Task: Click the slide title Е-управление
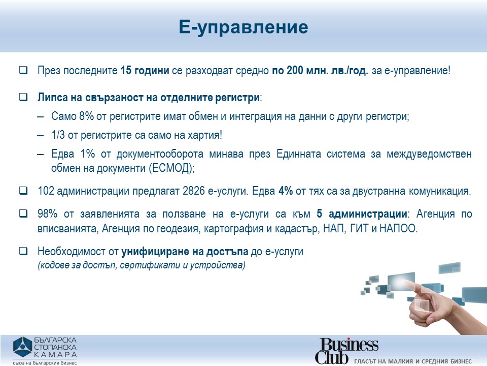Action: (x=243, y=27)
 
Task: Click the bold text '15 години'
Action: (x=145, y=71)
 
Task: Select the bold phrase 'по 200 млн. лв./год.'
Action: (x=320, y=71)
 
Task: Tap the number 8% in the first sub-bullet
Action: (x=86, y=116)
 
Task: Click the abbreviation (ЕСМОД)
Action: (x=171, y=168)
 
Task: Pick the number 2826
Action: (x=193, y=191)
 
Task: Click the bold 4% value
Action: (x=286, y=191)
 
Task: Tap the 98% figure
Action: (x=48, y=214)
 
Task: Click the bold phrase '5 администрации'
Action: (x=362, y=214)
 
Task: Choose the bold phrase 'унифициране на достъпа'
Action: (x=185, y=252)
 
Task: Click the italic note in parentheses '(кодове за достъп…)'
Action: (x=142, y=265)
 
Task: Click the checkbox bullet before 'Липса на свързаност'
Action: (x=23, y=97)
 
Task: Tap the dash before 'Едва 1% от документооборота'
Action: (x=41, y=154)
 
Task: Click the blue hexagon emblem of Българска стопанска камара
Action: (x=22, y=347)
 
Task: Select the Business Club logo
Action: (x=347, y=350)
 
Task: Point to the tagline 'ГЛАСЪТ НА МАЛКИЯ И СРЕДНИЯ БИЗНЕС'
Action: (x=413, y=361)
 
